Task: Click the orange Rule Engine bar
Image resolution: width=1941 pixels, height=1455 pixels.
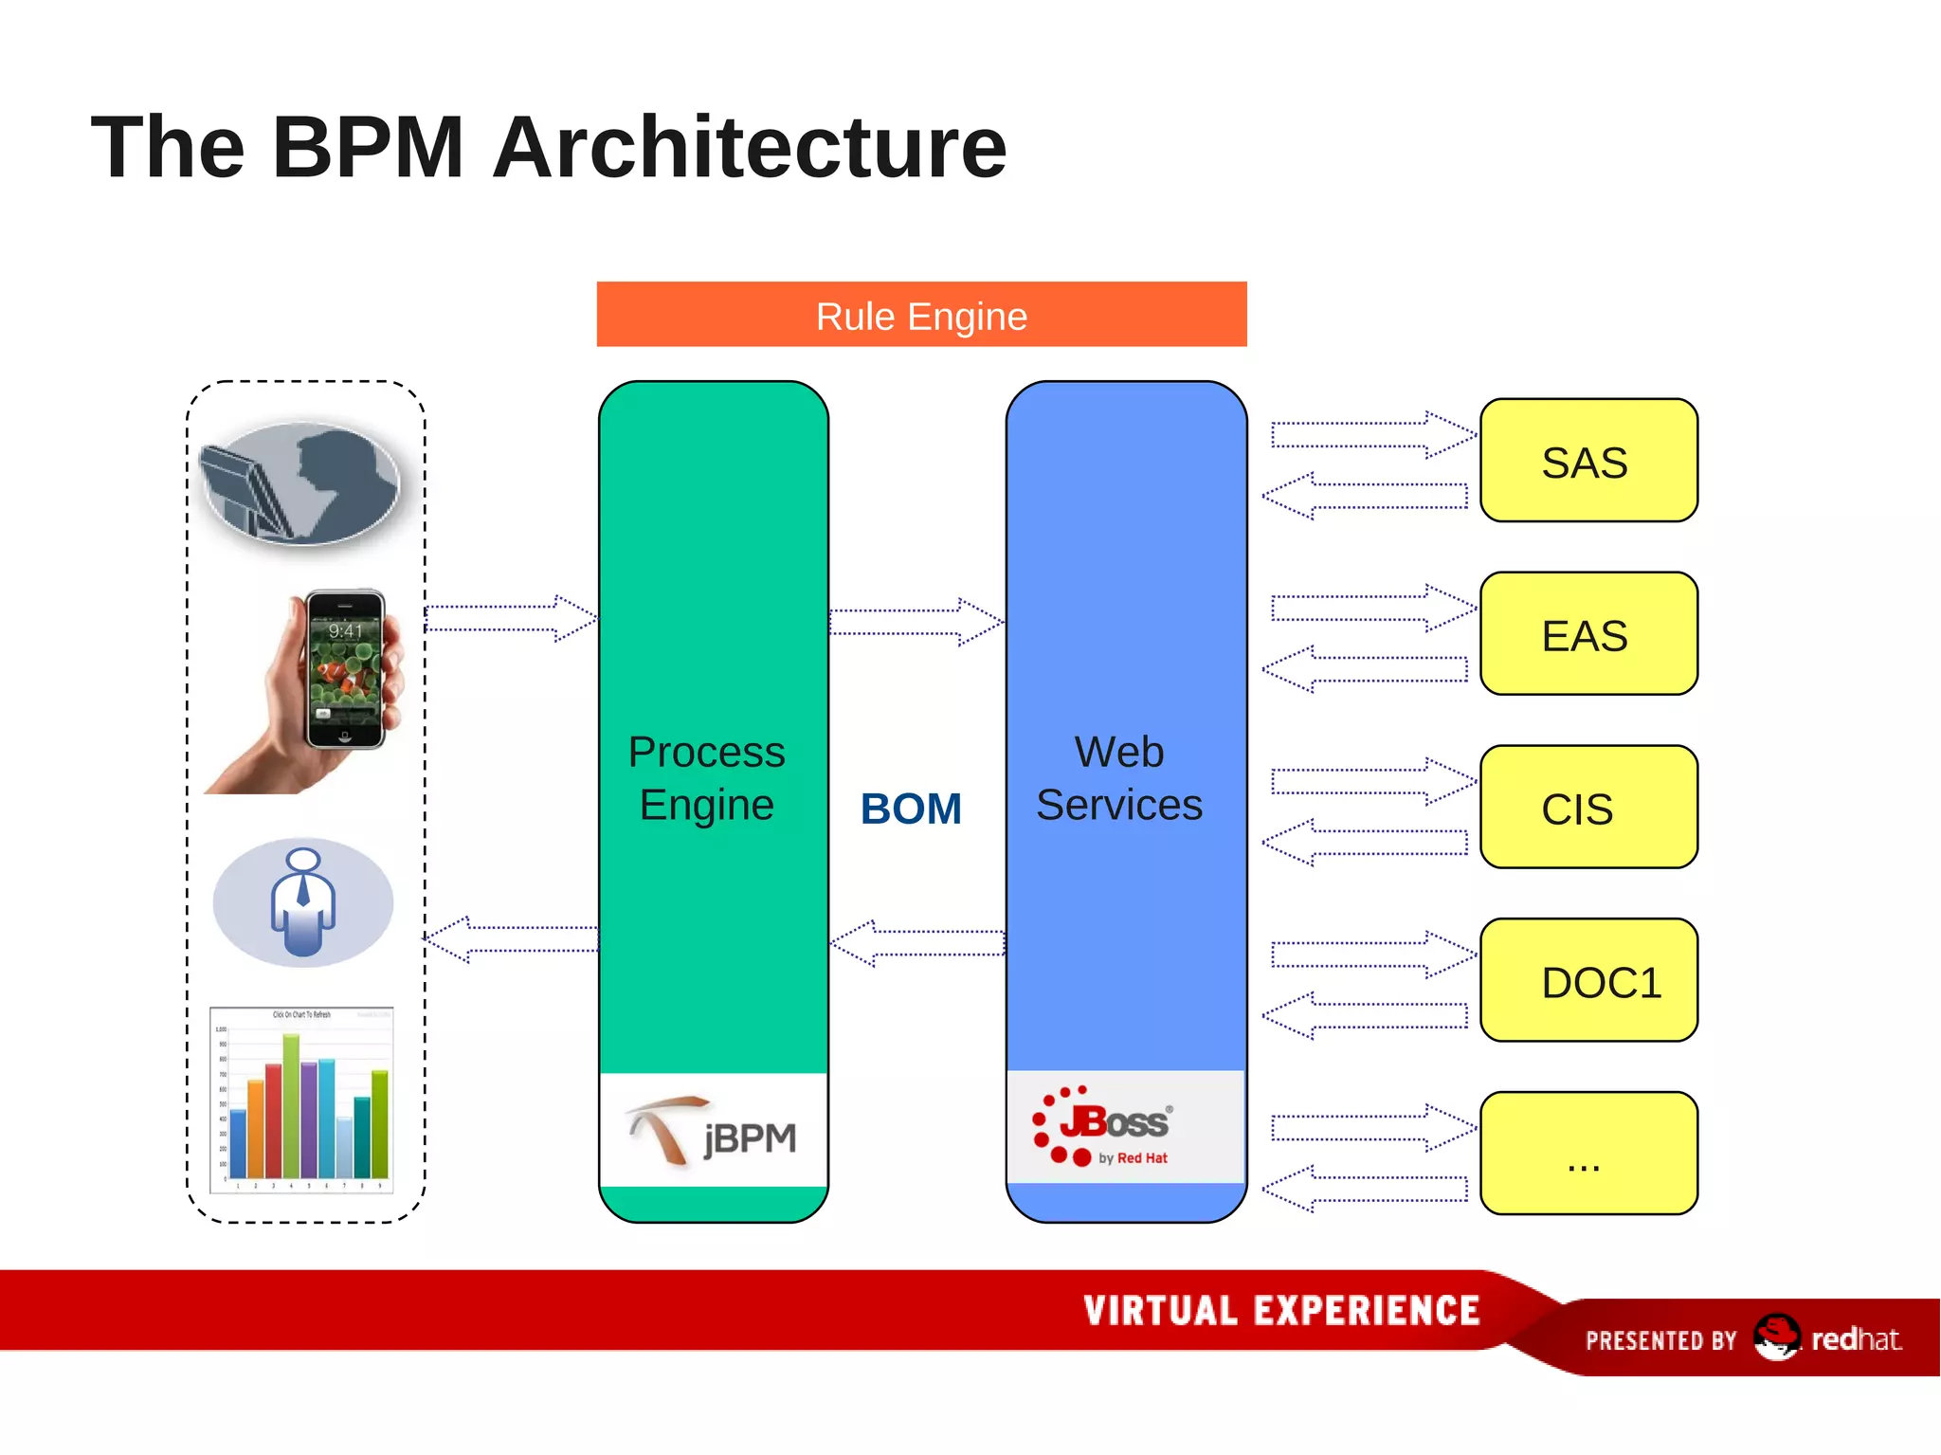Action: coord(921,315)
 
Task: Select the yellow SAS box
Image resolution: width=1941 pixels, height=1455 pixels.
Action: coord(1587,461)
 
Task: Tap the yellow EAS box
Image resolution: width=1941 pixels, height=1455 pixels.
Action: coord(1587,634)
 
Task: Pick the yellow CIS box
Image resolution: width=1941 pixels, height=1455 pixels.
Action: coord(1587,808)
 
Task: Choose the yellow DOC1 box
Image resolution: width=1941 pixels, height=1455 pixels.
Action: coord(1587,980)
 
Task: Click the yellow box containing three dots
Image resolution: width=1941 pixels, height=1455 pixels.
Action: coord(1587,1154)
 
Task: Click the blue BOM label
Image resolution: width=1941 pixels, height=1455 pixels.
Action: coord(911,809)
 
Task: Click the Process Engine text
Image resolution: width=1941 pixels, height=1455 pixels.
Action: coord(707,778)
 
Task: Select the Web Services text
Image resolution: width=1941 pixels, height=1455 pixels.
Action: coord(1119,778)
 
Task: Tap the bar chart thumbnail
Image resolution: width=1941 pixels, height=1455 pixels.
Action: coord(301,1100)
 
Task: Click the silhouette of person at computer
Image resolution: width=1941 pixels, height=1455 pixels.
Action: coord(301,483)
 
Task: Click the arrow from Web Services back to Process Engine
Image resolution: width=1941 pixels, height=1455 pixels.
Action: coord(917,943)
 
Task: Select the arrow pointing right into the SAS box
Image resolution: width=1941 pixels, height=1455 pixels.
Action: coord(1371,435)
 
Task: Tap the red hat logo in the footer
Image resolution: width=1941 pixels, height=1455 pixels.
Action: coord(1776,1337)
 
